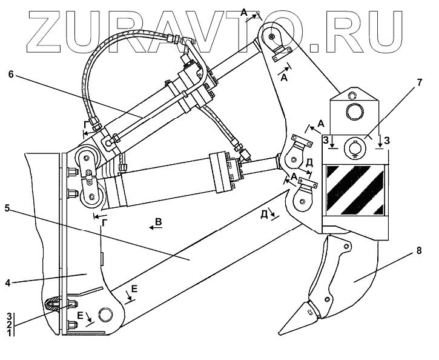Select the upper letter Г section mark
pyautogui.click(x=87, y=126)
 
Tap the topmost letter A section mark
pyautogui.click(x=243, y=12)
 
